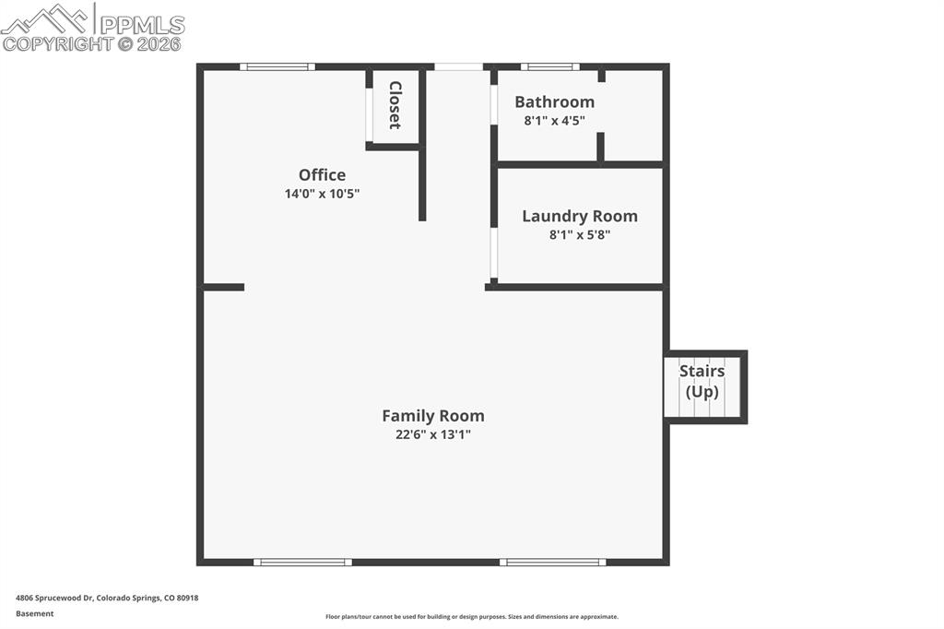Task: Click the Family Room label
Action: pyautogui.click(x=432, y=416)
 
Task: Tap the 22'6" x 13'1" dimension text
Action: pyautogui.click(x=432, y=435)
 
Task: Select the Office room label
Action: pyautogui.click(x=322, y=175)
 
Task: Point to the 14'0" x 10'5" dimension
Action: pyautogui.click(x=322, y=194)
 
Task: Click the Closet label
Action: pyautogui.click(x=395, y=105)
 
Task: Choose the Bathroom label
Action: pyautogui.click(x=554, y=102)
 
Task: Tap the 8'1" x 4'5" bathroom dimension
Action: pyautogui.click(x=554, y=120)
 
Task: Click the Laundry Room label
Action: pyautogui.click(x=579, y=217)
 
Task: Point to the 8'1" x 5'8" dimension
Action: pyautogui.click(x=579, y=235)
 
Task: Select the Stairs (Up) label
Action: pyautogui.click(x=702, y=382)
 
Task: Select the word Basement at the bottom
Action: pyautogui.click(x=34, y=613)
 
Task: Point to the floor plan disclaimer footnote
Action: pyautogui.click(x=471, y=617)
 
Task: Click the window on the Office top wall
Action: pyautogui.click(x=277, y=66)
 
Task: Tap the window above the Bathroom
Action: pyautogui.click(x=549, y=66)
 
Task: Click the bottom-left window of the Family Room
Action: pyautogui.click(x=302, y=562)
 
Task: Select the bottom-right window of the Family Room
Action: pyautogui.click(x=552, y=562)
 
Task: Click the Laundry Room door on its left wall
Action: pyautogui.click(x=494, y=254)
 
